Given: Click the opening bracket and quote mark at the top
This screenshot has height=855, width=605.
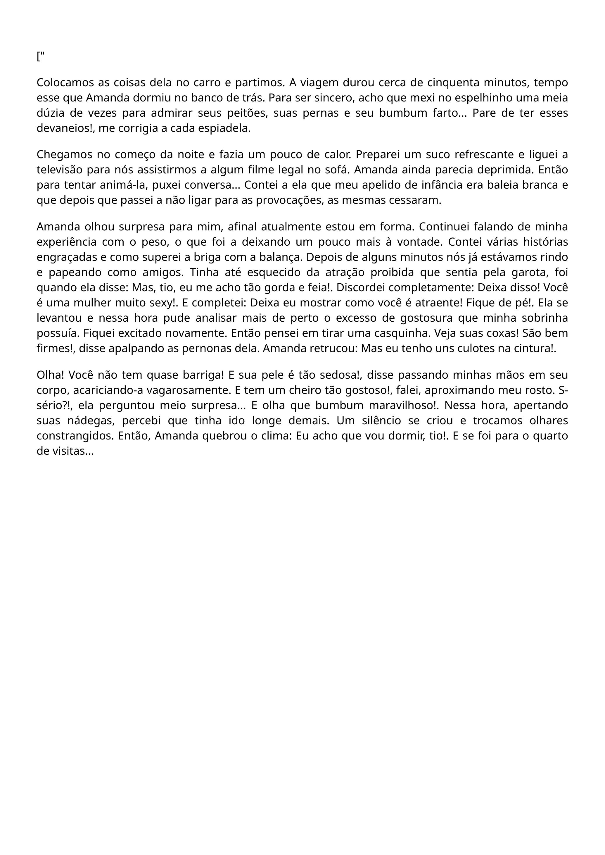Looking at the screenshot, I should tap(41, 57).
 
